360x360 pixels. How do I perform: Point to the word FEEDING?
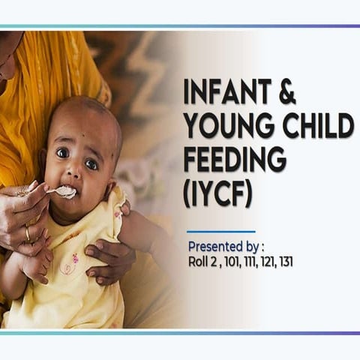tap(235, 160)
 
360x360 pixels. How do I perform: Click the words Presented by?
tap(226, 246)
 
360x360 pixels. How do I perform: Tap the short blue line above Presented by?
tap(220, 232)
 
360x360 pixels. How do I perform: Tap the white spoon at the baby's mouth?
tap(64, 191)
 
